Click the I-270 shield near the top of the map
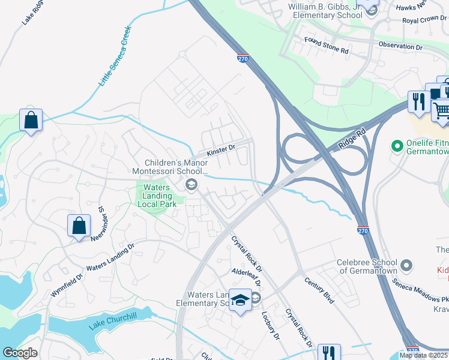pyautogui.click(x=243, y=59)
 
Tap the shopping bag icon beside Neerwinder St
pyautogui.click(x=79, y=227)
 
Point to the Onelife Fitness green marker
pyautogui.click(x=396, y=146)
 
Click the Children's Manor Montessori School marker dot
pyautogui.click(x=191, y=184)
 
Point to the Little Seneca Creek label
pyautogui.click(x=114, y=55)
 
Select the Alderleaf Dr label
pyautogui.click(x=247, y=277)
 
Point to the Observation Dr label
pyautogui.click(x=400, y=46)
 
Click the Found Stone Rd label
pyautogui.click(x=326, y=46)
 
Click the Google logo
pyautogui.click(x=20, y=353)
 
